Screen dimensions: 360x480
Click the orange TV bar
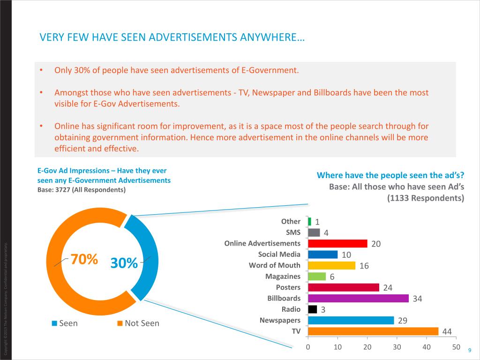coord(373,331)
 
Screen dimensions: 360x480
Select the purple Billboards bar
coord(358,298)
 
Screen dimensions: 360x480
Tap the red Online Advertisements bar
coord(337,243)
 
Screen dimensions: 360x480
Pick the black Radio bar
coord(312,309)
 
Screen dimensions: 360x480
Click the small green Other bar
coord(309,221)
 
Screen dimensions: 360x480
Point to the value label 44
coord(447,332)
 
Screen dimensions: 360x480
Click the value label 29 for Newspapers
coord(402,321)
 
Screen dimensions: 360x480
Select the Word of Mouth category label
coord(274,265)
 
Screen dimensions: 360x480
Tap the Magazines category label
coord(283,277)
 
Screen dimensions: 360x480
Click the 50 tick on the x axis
coord(456,347)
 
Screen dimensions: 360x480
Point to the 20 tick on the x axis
coord(367,347)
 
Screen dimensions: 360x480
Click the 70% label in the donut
coord(84,259)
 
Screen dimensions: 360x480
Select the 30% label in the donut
coord(124,263)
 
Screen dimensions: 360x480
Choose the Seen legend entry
coord(68,323)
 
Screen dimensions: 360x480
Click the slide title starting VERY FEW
coord(172,37)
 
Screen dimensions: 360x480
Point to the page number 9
coord(469,351)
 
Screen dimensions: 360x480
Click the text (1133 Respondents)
coord(426,198)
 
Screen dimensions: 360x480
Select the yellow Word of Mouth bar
coord(331,265)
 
